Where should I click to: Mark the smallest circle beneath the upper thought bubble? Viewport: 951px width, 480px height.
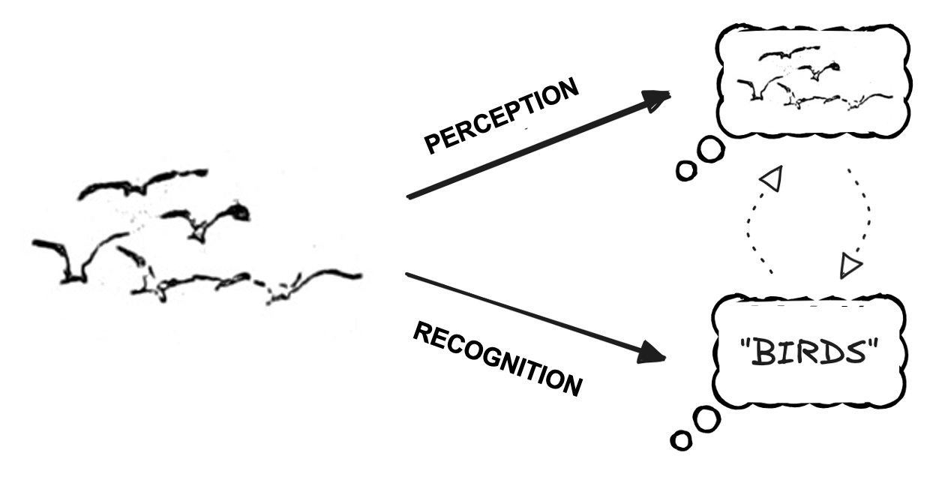tap(685, 171)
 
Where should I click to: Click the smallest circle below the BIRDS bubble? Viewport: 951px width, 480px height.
tap(681, 440)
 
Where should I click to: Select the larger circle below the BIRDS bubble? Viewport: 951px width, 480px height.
tap(705, 420)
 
